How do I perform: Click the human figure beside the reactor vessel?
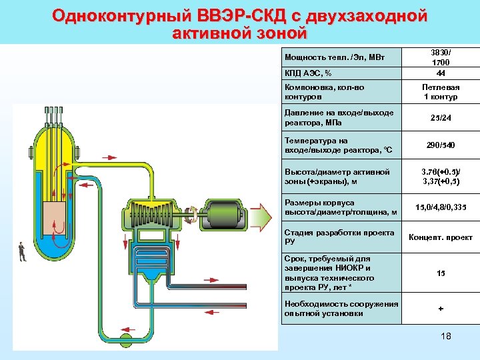point(22,251)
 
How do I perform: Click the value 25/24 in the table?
point(440,118)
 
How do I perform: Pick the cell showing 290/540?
point(440,145)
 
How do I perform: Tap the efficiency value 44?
point(440,73)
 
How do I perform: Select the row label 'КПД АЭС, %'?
point(309,73)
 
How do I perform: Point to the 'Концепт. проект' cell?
point(440,237)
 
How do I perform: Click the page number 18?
point(446,336)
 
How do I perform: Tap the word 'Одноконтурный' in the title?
point(123,15)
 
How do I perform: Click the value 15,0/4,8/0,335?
point(440,207)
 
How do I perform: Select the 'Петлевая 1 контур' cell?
point(440,92)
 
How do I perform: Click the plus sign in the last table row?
point(440,309)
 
